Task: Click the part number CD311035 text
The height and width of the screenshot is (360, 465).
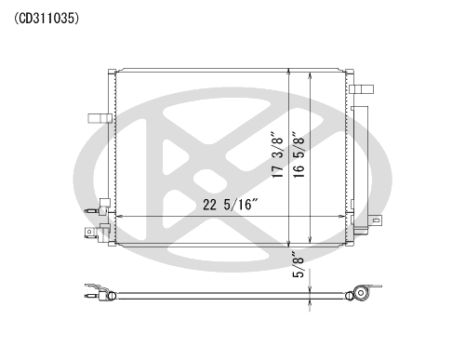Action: [x=46, y=19]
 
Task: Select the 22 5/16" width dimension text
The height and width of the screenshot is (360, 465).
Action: [x=231, y=205]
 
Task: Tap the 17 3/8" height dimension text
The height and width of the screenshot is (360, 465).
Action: [x=278, y=155]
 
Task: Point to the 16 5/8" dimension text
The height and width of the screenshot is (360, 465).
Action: [x=299, y=155]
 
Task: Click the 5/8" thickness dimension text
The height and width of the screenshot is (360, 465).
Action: [x=299, y=264]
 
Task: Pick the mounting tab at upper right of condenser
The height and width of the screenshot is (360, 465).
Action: [x=361, y=89]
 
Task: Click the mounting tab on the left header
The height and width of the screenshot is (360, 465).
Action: [x=100, y=118]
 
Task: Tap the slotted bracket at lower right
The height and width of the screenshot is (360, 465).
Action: [x=376, y=220]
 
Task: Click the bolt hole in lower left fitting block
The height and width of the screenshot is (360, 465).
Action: [x=89, y=232]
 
